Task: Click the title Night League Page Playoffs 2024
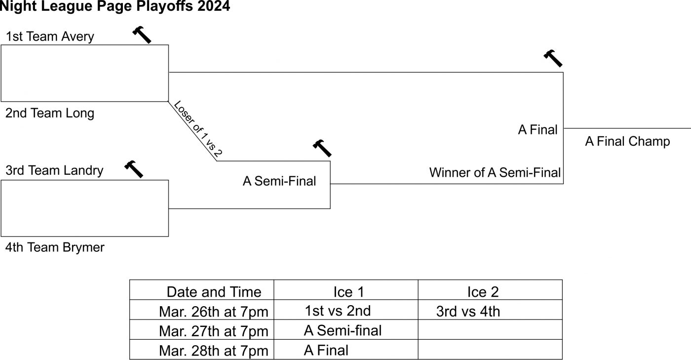115,6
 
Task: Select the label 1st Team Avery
50,37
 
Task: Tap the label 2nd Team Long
50,113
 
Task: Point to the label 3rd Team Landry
54,171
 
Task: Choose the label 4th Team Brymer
55,247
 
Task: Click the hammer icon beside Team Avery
142,35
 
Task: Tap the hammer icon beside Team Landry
133,169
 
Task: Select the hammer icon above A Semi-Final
322,148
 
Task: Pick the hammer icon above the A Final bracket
553,58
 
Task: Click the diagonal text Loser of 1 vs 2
197,130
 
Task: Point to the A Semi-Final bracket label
279,181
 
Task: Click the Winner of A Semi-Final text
495,173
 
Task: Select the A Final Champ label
627,142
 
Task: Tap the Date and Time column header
214,292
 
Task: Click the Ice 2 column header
483,292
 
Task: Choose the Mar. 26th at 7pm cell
214,312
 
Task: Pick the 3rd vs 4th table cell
468,312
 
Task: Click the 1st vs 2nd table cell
338,311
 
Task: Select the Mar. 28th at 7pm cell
214,351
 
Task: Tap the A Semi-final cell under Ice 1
343,330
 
